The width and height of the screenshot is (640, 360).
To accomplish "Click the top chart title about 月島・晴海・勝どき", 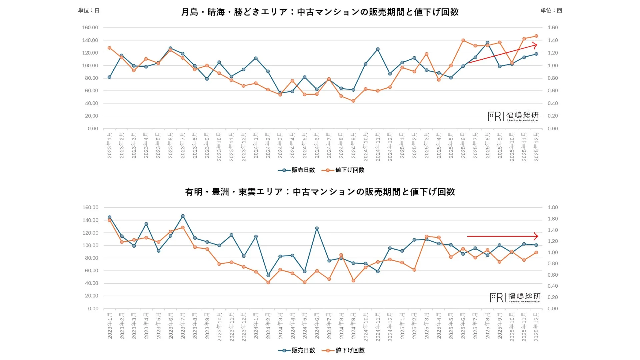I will click(320, 12).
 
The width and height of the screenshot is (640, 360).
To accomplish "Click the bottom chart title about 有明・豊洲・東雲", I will click(320, 192).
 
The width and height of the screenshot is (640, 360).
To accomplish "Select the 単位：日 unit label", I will click(89, 10).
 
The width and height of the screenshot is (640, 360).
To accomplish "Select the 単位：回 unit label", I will click(551, 10).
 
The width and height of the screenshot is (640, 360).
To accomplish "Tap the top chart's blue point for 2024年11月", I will click(378, 49).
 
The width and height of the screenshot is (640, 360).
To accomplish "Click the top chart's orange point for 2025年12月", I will click(536, 36).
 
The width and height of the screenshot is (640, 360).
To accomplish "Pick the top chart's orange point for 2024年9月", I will click(353, 101).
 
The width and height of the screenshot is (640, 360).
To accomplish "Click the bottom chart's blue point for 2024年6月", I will click(317, 228).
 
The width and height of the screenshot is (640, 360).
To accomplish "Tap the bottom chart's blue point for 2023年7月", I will click(183, 216).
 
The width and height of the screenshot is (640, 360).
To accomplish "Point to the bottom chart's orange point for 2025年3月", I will click(427, 236).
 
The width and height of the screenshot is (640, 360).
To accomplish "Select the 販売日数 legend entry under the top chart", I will click(296, 170).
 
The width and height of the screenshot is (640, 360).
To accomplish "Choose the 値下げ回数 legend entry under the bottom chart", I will click(343, 350).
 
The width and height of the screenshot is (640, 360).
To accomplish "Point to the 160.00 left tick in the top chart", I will click(90, 28).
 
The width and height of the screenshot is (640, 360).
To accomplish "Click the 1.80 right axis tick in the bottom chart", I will click(553, 207).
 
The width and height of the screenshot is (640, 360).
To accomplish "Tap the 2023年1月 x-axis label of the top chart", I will click(109, 145).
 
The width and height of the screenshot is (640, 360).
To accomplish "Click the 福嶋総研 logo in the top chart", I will click(513, 116).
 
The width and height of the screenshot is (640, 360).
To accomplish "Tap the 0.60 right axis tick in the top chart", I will click(553, 91).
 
